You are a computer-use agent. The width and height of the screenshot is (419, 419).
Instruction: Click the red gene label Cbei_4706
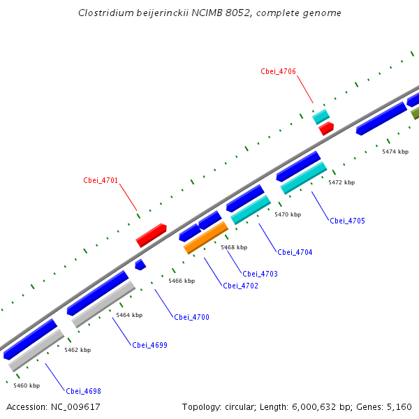tap(278, 71)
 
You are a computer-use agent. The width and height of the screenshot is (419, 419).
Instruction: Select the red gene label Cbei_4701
tap(101, 180)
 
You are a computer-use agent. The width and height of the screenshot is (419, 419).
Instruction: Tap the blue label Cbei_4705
tap(347, 221)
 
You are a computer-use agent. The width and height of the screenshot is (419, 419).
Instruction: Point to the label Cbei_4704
tap(295, 252)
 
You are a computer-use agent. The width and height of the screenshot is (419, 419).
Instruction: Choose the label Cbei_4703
tap(260, 274)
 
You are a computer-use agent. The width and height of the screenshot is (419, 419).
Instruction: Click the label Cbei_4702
tap(240, 286)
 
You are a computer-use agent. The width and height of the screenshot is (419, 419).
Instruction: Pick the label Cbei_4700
tap(191, 317)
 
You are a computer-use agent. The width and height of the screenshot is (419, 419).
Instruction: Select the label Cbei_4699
tap(149, 345)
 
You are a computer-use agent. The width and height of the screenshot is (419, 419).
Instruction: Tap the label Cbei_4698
tap(84, 391)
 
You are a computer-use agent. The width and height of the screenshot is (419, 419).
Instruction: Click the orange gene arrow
tap(206, 237)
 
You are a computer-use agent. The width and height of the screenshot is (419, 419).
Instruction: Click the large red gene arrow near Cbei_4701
tap(151, 235)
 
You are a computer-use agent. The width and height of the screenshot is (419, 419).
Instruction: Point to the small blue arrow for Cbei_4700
tap(140, 265)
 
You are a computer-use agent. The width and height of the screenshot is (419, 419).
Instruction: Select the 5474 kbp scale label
tap(395, 152)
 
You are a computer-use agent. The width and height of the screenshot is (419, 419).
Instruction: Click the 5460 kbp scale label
tap(27, 385)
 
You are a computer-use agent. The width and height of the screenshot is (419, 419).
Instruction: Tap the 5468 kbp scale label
tap(234, 247)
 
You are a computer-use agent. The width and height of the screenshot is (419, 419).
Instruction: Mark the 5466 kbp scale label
tap(182, 281)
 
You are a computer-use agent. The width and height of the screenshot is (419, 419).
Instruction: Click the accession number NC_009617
tap(76, 406)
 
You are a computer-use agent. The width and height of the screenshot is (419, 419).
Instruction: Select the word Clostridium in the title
tap(103, 13)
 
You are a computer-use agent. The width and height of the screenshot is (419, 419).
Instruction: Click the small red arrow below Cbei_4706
tap(326, 128)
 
